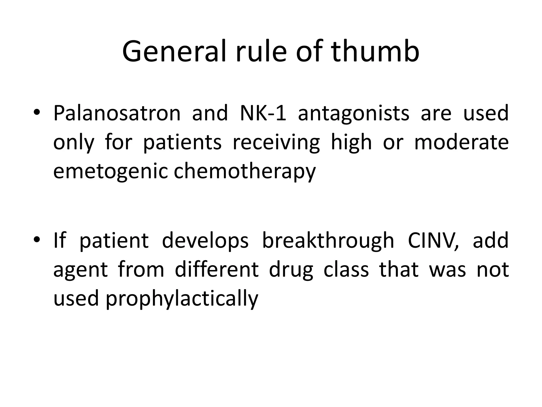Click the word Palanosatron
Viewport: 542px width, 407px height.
117,113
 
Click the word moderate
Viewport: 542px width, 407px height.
461,142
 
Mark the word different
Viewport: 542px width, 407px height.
216,270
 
